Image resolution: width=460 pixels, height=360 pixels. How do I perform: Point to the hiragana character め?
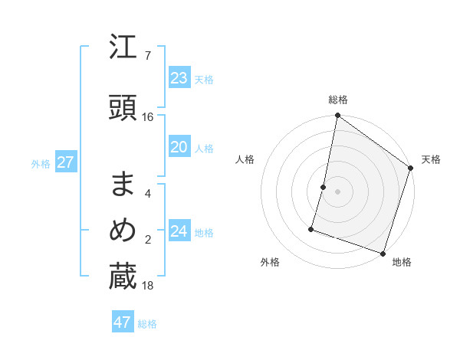(123, 231)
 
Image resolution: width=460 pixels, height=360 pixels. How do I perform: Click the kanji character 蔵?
(123, 277)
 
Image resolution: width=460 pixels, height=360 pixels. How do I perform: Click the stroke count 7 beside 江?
(147, 56)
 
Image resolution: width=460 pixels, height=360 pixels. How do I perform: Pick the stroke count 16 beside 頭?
(148, 117)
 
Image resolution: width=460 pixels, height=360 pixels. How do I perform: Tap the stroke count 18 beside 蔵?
(148, 285)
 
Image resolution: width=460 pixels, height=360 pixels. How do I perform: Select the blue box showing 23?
(179, 78)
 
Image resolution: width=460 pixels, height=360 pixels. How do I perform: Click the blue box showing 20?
(179, 148)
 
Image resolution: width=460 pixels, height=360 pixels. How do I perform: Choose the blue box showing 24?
(179, 231)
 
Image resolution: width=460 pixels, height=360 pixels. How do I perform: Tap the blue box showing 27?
(65, 162)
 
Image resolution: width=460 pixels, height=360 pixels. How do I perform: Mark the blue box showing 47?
(123, 322)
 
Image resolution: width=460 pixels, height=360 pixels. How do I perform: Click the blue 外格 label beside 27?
(41, 164)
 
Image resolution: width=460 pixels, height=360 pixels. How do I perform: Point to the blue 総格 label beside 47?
(147, 324)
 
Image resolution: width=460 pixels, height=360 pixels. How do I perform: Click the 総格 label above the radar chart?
(337, 100)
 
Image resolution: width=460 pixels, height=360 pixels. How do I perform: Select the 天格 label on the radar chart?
(431, 159)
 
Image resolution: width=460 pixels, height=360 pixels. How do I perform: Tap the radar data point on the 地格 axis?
(383, 253)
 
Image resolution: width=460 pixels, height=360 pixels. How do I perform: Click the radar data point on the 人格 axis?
(324, 187)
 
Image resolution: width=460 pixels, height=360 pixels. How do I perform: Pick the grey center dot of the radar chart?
(337, 191)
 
